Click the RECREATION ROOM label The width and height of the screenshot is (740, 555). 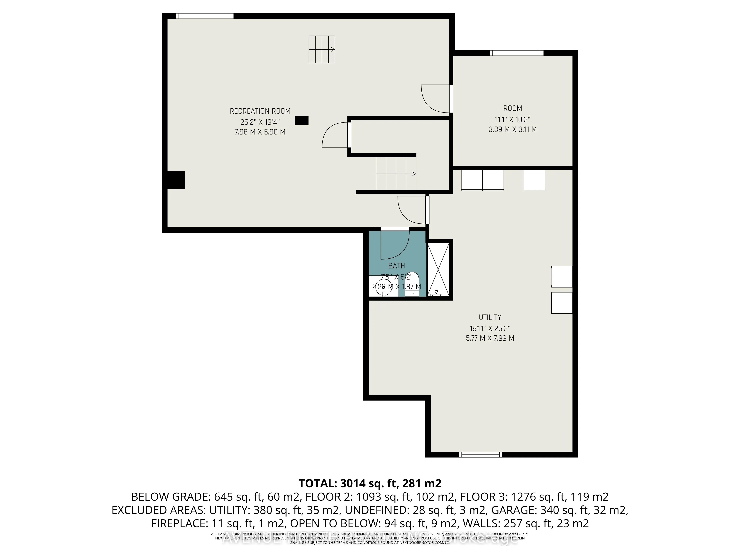(x=260, y=111)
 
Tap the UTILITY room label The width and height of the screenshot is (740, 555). (x=490, y=317)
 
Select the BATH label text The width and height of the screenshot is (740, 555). (x=396, y=266)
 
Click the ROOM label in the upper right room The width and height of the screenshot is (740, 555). (x=512, y=108)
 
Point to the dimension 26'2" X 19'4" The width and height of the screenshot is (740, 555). (x=260, y=122)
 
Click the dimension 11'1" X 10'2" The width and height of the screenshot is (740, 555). (x=512, y=119)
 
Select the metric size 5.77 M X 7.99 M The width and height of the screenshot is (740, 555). (x=490, y=338)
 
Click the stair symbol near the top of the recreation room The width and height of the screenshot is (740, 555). (x=322, y=50)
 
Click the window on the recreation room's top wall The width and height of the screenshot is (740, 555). (x=204, y=16)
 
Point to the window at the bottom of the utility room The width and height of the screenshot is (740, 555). (x=480, y=454)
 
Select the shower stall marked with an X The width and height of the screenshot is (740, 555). (x=439, y=269)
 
